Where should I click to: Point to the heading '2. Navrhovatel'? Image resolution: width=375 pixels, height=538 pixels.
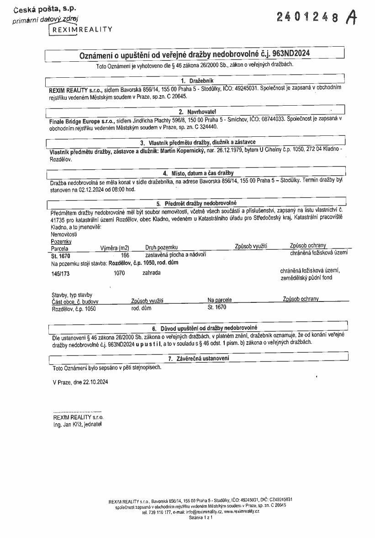pyautogui.click(x=197, y=112)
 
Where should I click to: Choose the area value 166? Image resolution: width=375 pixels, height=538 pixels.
pyautogui.click(x=125, y=255)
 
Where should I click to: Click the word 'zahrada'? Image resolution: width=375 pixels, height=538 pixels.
pyautogui.click(x=151, y=273)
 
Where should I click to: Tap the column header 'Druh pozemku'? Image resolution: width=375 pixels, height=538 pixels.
pyautogui.click(x=161, y=247)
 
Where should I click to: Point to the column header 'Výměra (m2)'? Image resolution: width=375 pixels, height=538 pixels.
pyautogui.click(x=115, y=247)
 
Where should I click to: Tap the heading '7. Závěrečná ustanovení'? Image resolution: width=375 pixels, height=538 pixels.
pyautogui.click(x=198, y=358)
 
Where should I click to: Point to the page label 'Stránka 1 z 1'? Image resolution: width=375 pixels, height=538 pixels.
pyautogui.click(x=201, y=517)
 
